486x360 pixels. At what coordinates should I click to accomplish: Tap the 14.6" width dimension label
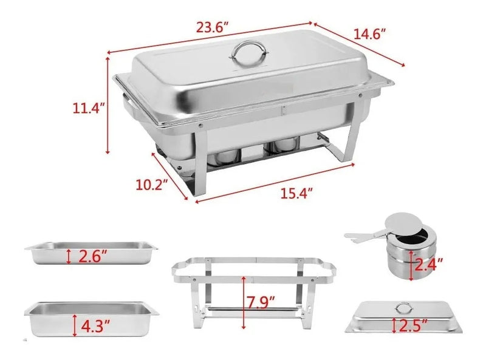point(371,33)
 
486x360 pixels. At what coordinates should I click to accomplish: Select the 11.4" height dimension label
point(87,108)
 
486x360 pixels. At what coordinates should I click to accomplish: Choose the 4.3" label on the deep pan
point(95,325)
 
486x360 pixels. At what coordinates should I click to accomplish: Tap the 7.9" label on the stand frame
point(261,303)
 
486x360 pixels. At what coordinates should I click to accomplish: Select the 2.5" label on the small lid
point(414,325)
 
